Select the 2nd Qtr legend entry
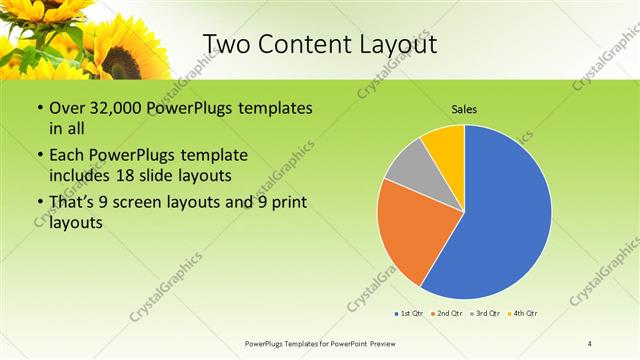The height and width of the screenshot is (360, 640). click(x=446, y=314)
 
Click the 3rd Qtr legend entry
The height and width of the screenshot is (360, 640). click(x=484, y=314)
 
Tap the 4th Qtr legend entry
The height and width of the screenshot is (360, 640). click(x=523, y=314)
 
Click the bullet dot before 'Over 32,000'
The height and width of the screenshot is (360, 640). click(x=39, y=108)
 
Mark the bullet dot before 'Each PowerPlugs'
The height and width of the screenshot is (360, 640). click(x=39, y=155)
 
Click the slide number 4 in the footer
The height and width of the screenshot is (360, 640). click(x=590, y=343)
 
